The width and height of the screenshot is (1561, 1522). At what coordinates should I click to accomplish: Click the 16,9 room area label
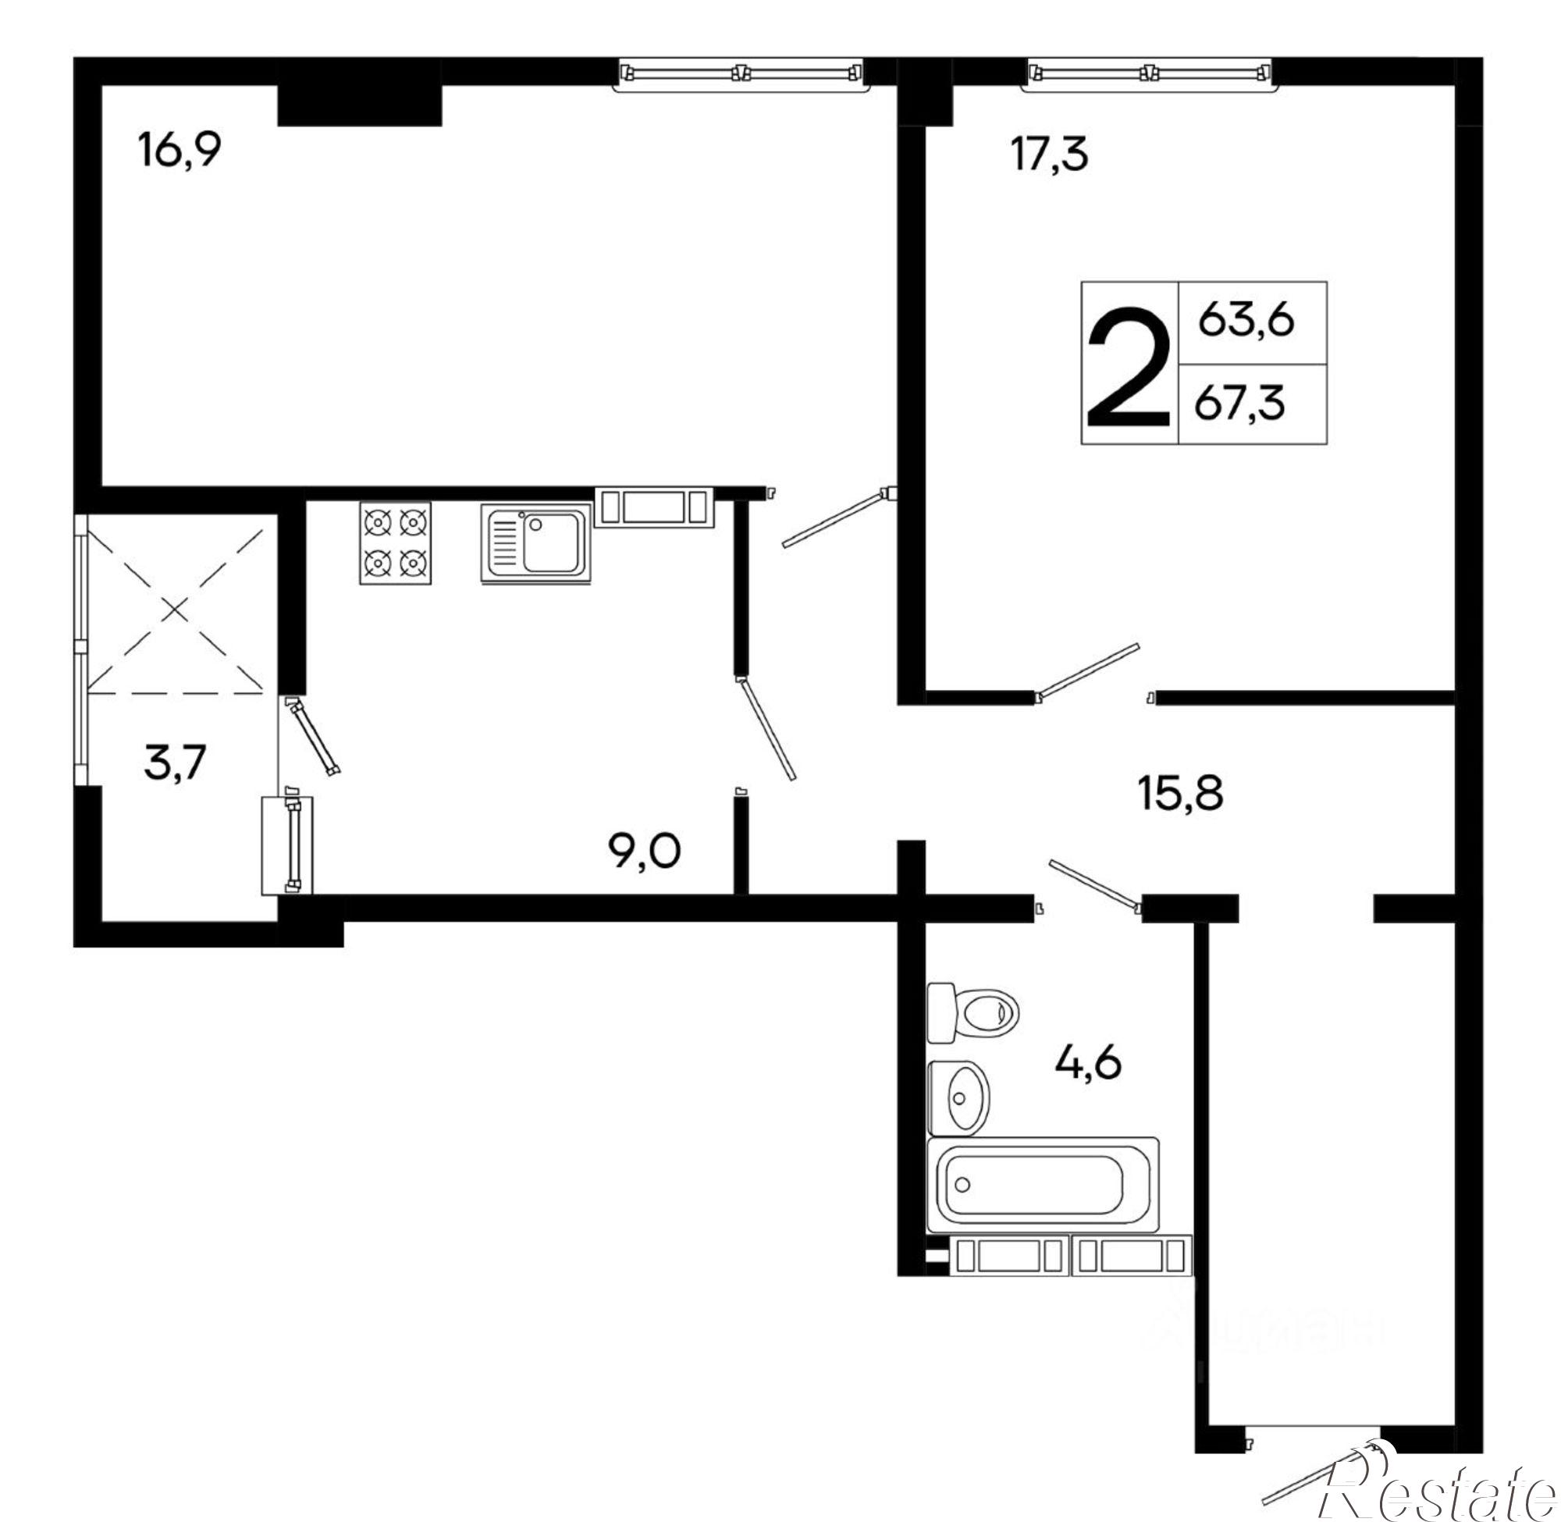point(179,151)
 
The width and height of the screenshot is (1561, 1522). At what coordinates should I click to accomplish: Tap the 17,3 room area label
point(1050,154)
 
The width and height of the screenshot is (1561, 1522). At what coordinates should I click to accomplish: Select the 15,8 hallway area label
point(1180,795)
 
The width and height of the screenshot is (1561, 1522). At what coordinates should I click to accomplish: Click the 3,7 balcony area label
point(175,762)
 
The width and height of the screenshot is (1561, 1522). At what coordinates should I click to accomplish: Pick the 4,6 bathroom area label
point(1089,1062)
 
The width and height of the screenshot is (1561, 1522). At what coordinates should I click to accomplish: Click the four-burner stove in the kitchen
point(395,543)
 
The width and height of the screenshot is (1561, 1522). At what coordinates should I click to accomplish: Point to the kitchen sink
point(535,543)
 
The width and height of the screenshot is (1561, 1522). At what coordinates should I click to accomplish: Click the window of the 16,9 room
point(741,74)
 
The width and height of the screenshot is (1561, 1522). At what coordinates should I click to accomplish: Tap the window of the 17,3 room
point(1150,74)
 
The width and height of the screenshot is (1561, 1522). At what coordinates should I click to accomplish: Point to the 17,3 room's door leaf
point(1088,669)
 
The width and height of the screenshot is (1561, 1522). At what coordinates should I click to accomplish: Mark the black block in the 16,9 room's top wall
point(359,104)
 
